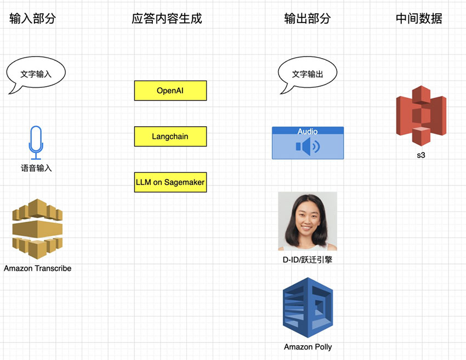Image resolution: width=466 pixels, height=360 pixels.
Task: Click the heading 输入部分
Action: point(33,19)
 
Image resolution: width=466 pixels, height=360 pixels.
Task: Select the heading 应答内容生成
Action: point(167,19)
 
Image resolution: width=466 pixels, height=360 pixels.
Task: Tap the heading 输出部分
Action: point(308,19)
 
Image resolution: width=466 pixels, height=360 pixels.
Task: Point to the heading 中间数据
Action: point(419,19)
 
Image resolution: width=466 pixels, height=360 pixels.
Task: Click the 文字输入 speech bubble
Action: point(36,74)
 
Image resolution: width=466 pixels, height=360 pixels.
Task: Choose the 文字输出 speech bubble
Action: point(308,74)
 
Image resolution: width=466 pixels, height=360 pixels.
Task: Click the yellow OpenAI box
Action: point(170,91)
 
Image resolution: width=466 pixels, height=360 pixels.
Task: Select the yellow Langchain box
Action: point(170,136)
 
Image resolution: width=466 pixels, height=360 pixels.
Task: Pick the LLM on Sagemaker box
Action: point(170,182)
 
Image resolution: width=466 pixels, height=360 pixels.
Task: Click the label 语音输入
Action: point(36,168)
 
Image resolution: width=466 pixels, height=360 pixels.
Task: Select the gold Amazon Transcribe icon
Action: point(37,229)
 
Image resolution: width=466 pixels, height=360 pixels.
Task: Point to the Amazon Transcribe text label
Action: point(37,268)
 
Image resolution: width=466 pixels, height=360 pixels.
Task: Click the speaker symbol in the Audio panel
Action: point(307,147)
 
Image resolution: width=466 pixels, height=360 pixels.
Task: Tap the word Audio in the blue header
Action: point(308,131)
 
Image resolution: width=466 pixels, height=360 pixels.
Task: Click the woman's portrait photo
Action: point(307,221)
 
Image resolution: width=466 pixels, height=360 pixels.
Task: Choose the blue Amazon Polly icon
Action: point(308,307)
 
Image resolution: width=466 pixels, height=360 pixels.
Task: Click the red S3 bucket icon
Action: point(421,115)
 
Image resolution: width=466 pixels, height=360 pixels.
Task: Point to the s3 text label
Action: point(421,155)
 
